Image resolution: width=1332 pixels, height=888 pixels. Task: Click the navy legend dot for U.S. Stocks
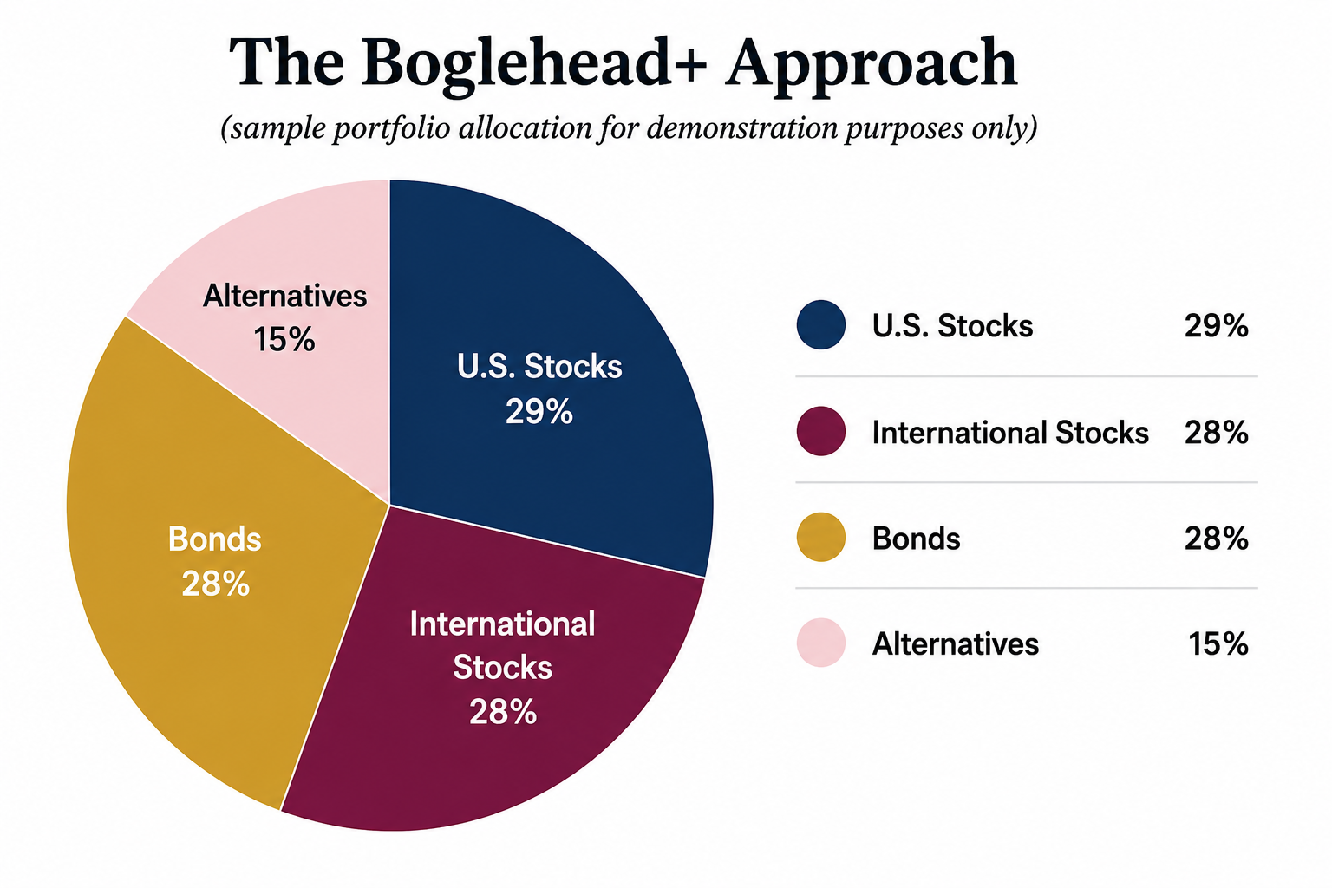coord(820,324)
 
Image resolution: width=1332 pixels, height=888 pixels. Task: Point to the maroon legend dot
coord(820,431)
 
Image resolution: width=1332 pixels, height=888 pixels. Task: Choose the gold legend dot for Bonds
coord(820,537)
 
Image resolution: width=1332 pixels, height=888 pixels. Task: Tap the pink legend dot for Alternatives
coord(820,643)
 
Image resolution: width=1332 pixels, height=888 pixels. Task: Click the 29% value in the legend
coord(1216,326)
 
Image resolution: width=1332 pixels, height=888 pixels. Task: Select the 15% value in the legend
coord(1218,644)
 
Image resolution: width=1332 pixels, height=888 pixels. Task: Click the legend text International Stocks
coord(1010,433)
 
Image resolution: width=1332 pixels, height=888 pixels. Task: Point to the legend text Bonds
coord(916,539)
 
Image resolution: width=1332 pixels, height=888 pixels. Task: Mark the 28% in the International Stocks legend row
coord(1216,433)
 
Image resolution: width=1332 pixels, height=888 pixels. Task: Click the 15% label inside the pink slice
coord(284,340)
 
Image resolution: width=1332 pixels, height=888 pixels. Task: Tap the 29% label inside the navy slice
coord(539,411)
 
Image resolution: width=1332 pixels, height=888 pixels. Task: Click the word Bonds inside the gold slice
coord(215,539)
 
